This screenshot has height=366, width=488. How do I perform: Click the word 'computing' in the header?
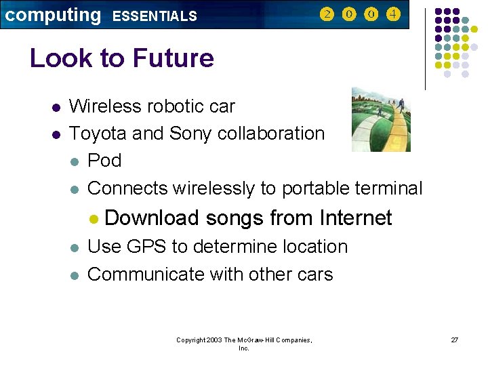click(52, 15)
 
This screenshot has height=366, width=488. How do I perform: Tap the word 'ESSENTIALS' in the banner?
click(155, 16)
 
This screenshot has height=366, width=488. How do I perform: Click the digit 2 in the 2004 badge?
click(327, 14)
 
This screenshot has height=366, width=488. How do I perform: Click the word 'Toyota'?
click(99, 134)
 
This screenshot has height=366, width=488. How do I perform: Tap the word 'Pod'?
click(105, 161)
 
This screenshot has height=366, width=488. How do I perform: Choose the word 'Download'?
click(152, 218)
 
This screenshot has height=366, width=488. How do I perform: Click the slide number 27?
click(455, 340)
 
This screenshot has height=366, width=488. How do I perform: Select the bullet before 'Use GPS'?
click(75, 247)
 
